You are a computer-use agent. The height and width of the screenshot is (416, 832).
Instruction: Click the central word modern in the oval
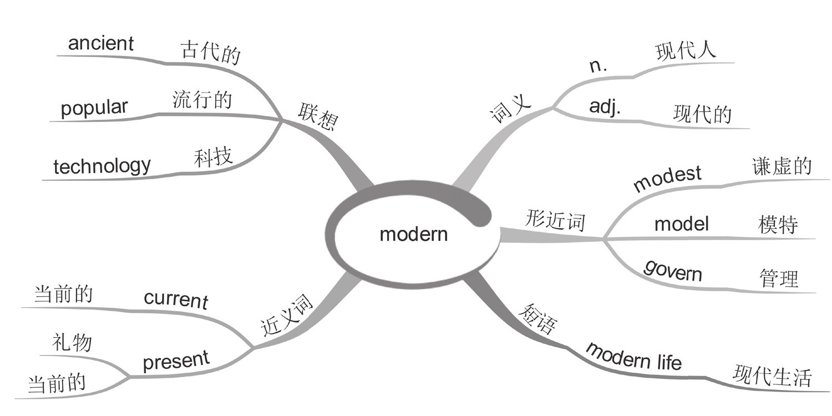(413, 234)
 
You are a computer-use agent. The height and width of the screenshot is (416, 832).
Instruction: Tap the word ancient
(101, 44)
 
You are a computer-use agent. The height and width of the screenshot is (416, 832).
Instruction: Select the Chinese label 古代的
(210, 53)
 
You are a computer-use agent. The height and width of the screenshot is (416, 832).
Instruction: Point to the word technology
(102, 165)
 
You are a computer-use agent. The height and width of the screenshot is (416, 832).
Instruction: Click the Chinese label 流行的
(202, 100)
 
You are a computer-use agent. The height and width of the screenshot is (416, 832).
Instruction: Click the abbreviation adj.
(605, 107)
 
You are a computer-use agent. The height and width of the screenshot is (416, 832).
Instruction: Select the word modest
(667, 178)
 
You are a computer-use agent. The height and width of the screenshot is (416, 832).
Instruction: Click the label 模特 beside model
(778, 225)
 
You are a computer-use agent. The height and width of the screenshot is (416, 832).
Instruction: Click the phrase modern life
(633, 356)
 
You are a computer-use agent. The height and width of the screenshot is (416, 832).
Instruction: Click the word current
(176, 299)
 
